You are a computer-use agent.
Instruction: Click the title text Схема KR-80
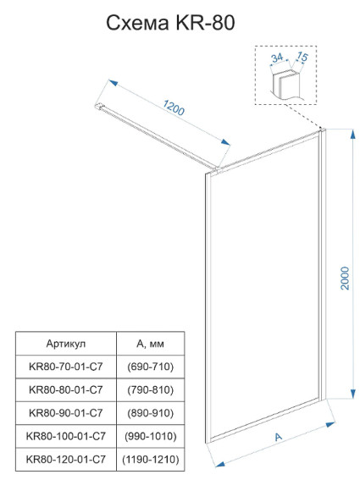[170, 23]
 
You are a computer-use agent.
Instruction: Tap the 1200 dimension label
[174, 108]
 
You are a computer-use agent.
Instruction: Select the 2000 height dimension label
[345, 279]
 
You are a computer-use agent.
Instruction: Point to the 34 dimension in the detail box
[277, 58]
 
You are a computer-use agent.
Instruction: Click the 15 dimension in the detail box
[302, 57]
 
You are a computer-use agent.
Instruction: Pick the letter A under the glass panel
[278, 437]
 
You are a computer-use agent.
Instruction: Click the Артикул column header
[66, 344]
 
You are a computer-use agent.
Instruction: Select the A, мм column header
[150, 344]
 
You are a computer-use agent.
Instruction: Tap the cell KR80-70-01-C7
[66, 367]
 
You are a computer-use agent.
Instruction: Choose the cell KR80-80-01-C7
[66, 389]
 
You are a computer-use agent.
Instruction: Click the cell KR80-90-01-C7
[66, 413]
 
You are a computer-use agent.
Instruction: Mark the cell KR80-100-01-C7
[66, 436]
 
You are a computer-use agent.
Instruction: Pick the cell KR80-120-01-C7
[66, 459]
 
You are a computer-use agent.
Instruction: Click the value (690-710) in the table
[151, 367]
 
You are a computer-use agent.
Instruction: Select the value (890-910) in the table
[151, 413]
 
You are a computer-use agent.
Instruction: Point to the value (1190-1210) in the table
[151, 459]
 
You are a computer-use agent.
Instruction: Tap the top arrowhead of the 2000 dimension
[352, 135]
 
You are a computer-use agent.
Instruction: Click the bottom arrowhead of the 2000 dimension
[352, 394]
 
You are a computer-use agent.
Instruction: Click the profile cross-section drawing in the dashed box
[285, 85]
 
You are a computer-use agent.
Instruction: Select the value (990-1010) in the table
[151, 436]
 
